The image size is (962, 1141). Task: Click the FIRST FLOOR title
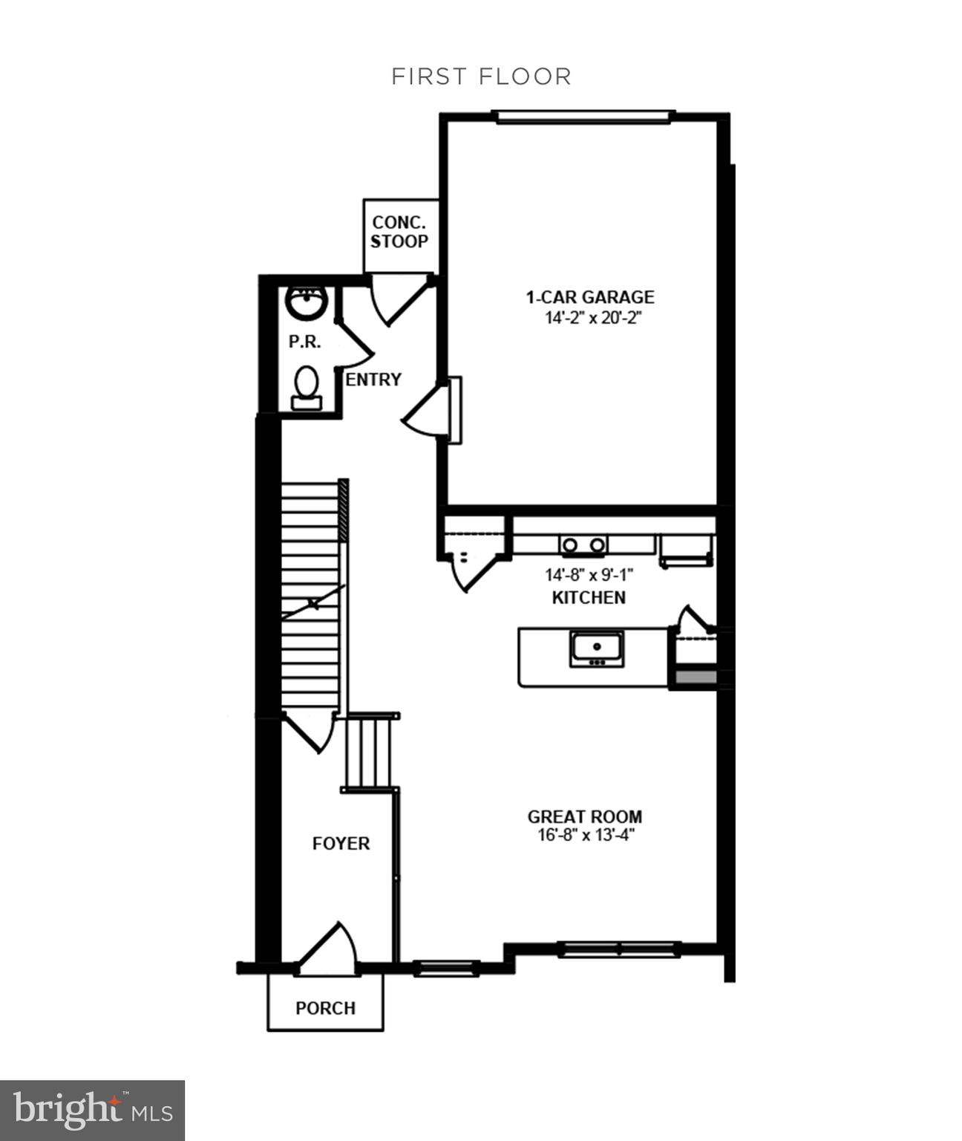pos(481,77)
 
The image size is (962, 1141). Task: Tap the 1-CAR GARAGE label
pos(590,297)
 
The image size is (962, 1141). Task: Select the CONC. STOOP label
pos(399,232)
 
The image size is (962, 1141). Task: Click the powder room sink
pos(306,302)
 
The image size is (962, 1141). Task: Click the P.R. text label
pos(304,342)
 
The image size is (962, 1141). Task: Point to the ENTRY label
pos(373,380)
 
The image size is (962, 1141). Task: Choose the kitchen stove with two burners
pos(583,545)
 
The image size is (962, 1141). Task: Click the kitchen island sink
pos(596,648)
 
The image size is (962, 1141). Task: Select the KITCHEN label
pos(589,597)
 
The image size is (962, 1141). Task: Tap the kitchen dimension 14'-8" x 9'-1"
pos(589,575)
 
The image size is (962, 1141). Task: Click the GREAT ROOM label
pos(585,816)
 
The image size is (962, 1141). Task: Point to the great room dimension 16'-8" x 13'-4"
pos(586,835)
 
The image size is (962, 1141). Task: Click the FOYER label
pos(341,844)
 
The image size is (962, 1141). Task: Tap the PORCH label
pos(325,1008)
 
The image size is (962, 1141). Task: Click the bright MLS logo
pos(92,1111)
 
